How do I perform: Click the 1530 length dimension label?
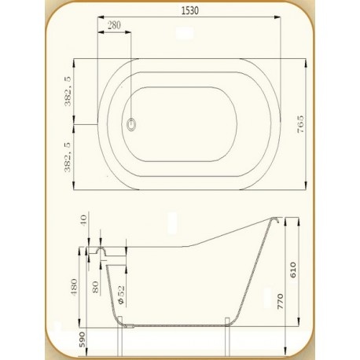(x=190, y=10)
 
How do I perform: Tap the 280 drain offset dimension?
(x=114, y=25)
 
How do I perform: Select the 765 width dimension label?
(x=301, y=124)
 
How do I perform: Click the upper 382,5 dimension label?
(x=68, y=91)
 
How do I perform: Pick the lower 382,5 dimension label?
(x=68, y=157)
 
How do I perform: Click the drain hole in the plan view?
(x=131, y=124)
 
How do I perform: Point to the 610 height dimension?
(x=292, y=270)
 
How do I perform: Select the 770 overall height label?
(x=280, y=301)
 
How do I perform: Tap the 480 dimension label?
(x=75, y=287)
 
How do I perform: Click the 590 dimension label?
(x=82, y=340)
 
